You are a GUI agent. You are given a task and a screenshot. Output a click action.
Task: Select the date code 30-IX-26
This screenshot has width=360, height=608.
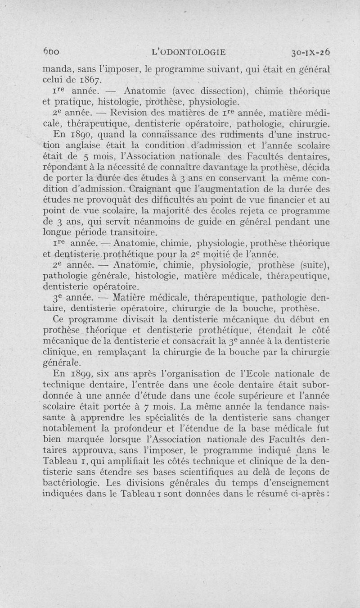310,52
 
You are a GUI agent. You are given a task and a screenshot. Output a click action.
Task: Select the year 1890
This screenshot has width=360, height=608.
81,136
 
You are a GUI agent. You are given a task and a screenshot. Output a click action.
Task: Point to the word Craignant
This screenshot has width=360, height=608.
145,189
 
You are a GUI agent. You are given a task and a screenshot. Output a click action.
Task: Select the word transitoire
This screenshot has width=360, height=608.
132,232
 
